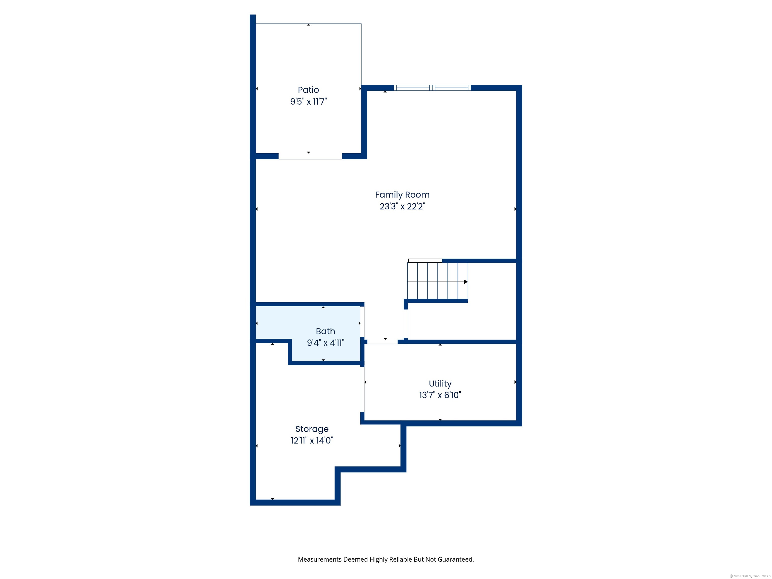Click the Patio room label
click(308, 90)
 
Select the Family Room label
click(402, 195)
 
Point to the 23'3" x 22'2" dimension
click(402, 206)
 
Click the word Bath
click(325, 331)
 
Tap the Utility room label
click(440, 383)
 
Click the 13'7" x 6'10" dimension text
click(440, 395)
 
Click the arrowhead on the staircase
click(466, 282)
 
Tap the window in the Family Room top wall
click(432, 88)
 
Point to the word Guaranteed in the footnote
click(456, 559)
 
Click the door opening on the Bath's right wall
click(363, 322)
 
